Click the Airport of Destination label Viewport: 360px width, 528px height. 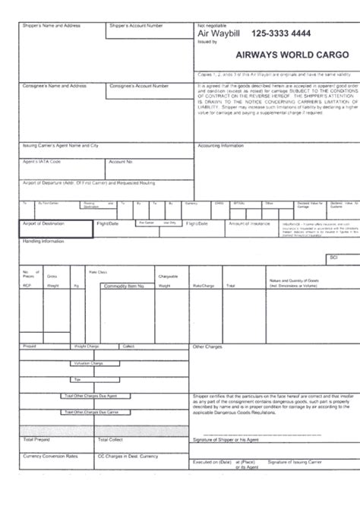[x=44, y=223]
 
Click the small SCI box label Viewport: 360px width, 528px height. [x=333, y=258]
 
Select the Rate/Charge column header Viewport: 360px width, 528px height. [x=204, y=286]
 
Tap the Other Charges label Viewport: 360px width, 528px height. [x=207, y=346]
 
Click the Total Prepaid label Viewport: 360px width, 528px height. [x=37, y=439]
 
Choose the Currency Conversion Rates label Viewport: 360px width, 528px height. [x=50, y=456]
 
